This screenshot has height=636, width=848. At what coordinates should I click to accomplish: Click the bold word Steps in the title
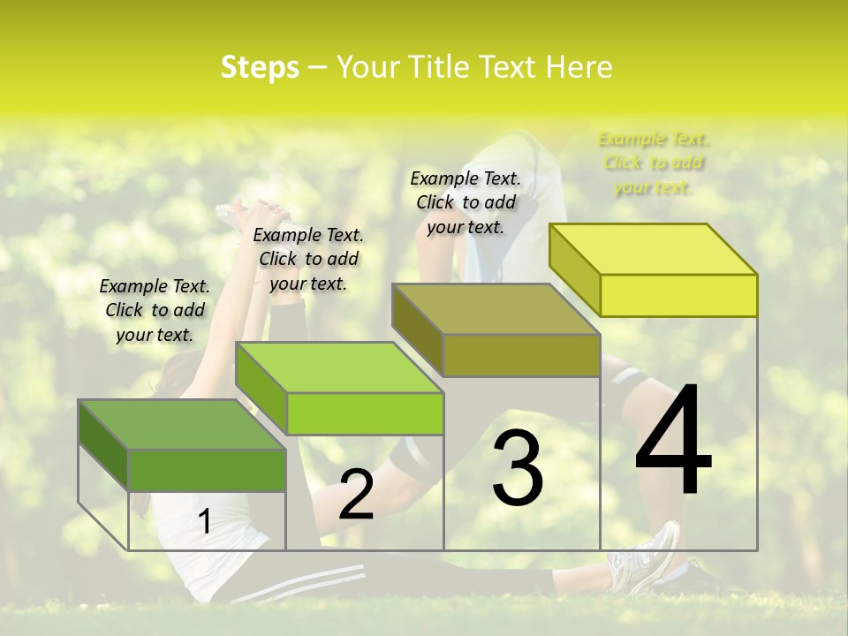pyautogui.click(x=260, y=67)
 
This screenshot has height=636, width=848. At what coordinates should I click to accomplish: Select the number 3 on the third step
pyautogui.click(x=518, y=467)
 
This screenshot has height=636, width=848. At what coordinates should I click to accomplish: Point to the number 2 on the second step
pyautogui.click(x=356, y=495)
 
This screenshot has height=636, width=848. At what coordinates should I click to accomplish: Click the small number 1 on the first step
pyautogui.click(x=204, y=522)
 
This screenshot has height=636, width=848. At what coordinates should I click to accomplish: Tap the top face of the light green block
pyautogui.click(x=339, y=367)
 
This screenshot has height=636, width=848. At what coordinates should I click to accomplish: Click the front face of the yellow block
pyautogui.click(x=678, y=295)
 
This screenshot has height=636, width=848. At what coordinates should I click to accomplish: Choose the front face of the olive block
pyautogui.click(x=521, y=355)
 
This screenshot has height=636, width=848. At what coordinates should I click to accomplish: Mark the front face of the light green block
pyautogui.click(x=365, y=413)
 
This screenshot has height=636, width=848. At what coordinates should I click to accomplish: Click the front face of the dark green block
pyautogui.click(x=208, y=470)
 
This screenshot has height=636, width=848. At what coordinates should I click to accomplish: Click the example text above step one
pyautogui.click(x=155, y=310)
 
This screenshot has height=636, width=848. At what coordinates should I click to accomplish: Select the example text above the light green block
pyautogui.click(x=308, y=259)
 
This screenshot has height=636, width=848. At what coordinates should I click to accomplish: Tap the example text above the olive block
pyautogui.click(x=466, y=202)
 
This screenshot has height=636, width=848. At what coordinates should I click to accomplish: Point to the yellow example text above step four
pyautogui.click(x=653, y=163)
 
